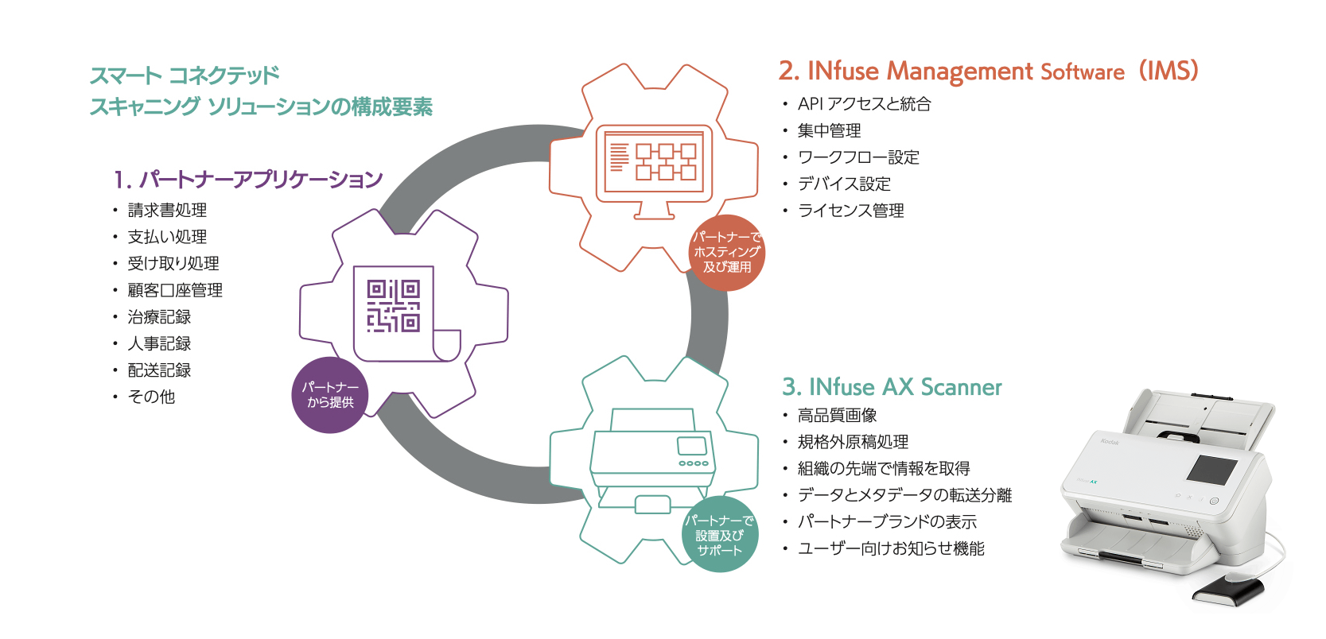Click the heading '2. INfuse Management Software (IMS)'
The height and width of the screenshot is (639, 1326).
click(x=988, y=72)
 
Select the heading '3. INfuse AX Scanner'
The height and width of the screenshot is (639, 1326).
click(x=892, y=387)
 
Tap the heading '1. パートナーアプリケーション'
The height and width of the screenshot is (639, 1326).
click(x=248, y=180)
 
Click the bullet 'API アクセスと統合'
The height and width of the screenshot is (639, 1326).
click(x=864, y=104)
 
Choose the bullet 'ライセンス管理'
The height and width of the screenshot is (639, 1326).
click(x=850, y=211)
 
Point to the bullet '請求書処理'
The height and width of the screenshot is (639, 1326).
click(x=167, y=211)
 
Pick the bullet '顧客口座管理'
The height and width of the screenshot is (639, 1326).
click(x=175, y=290)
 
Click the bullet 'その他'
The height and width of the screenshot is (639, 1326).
click(x=151, y=397)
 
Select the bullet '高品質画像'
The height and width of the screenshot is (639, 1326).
click(x=837, y=415)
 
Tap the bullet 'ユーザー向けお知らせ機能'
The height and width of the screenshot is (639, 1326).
click(x=891, y=548)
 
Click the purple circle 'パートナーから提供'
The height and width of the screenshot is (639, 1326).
click(x=330, y=395)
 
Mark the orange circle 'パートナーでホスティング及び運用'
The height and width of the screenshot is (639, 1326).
click(x=727, y=252)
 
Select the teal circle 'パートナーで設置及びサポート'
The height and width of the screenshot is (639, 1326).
click(x=720, y=535)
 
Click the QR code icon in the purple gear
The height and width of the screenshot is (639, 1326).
click(x=393, y=306)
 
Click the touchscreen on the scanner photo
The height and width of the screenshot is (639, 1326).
click(x=1211, y=469)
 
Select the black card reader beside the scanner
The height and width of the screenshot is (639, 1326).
click(x=1227, y=591)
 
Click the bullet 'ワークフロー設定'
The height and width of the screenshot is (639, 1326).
click(x=858, y=157)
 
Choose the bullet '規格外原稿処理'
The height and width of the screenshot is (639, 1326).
click(x=853, y=442)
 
